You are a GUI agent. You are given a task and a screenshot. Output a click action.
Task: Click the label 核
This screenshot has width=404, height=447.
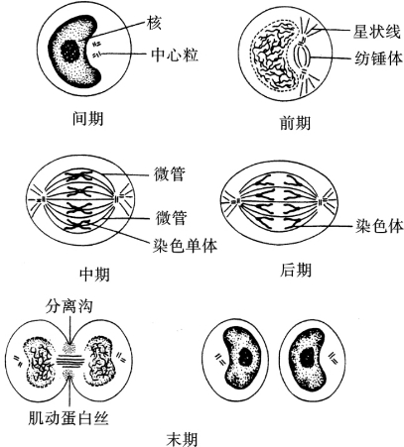pyautogui.click(x=154, y=23)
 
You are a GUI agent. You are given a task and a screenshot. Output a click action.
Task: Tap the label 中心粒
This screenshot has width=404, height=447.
pyautogui.click(x=175, y=55)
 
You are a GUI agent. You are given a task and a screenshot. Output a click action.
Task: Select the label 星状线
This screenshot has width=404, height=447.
pyautogui.click(x=377, y=32)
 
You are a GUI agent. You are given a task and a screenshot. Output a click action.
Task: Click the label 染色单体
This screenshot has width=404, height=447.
pyautogui.click(x=185, y=245)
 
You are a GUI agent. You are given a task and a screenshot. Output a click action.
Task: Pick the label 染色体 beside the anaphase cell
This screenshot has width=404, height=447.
pyautogui.click(x=379, y=227)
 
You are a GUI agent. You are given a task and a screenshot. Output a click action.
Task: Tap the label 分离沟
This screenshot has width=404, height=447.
pyautogui.click(x=68, y=306)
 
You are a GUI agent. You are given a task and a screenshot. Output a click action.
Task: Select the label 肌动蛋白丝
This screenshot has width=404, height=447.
pyautogui.click(x=68, y=417)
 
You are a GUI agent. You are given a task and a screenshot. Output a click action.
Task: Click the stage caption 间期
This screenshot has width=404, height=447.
pyautogui.click(x=87, y=119)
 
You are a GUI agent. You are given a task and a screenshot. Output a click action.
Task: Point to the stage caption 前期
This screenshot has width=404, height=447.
pyautogui.click(x=295, y=123)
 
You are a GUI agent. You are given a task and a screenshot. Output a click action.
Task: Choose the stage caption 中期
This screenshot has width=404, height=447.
pyautogui.click(x=94, y=274)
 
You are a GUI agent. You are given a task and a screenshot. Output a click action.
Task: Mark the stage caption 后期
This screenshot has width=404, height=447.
pyautogui.click(x=295, y=270)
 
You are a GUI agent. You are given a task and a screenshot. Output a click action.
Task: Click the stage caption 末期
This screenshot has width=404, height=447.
pyautogui.click(x=182, y=438)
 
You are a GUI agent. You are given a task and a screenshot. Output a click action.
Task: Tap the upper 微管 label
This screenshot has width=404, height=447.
pyautogui.click(x=170, y=173)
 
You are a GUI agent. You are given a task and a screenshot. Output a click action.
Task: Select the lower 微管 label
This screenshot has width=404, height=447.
pyautogui.click(x=171, y=218)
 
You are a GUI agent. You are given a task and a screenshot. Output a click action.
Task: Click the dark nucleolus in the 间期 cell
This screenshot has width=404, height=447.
pyautogui.click(x=70, y=51)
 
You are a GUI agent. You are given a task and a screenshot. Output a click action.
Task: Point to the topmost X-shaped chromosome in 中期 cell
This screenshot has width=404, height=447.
pyautogui.click(x=79, y=176)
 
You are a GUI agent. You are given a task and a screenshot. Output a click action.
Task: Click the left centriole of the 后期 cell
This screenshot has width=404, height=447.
pyautogui.click(x=235, y=201)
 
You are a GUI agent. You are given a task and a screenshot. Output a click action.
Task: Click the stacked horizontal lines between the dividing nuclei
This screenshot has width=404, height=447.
pyautogui.click(x=68, y=361)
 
